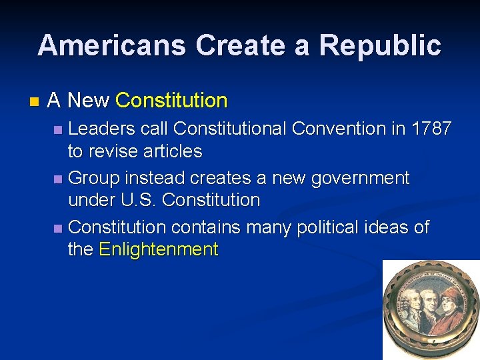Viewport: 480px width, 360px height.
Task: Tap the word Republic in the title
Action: pos(380,45)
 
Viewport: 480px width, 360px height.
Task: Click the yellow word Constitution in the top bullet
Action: pos(171,101)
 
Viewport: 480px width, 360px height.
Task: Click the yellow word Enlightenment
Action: pos(158,249)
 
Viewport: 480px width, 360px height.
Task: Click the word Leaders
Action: pos(101,128)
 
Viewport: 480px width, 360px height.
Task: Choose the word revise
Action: pos(111,151)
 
